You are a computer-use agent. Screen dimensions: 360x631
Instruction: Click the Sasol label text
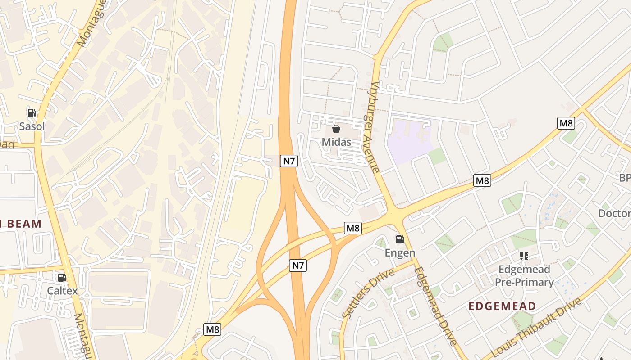tap(32, 126)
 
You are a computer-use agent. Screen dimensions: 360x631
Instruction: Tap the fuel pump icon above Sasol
tap(32, 113)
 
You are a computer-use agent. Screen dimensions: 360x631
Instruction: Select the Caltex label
tap(62, 291)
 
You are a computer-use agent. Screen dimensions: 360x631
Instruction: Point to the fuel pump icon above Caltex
tap(62, 278)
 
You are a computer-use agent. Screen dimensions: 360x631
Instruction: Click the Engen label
tap(400, 252)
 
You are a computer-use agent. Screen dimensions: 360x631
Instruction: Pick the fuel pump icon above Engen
tap(400, 239)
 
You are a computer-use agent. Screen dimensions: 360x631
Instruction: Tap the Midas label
tap(336, 142)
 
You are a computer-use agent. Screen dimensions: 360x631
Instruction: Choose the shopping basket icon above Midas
tap(336, 129)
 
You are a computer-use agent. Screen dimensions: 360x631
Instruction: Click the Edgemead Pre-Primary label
tap(524, 276)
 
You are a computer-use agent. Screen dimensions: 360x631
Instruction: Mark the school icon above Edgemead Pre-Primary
tap(524, 256)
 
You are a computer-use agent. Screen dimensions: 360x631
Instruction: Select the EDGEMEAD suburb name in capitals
tap(502, 306)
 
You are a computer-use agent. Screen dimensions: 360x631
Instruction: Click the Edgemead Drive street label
tap(435, 306)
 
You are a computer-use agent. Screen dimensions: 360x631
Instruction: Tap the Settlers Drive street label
tap(368, 293)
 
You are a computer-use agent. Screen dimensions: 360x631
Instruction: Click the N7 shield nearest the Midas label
tap(289, 161)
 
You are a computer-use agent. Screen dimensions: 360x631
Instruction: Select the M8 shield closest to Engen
tap(353, 228)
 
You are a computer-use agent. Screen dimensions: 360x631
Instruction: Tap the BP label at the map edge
tap(625, 178)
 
